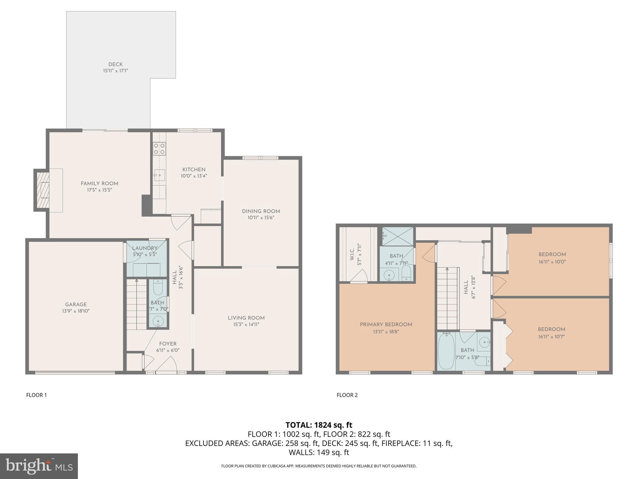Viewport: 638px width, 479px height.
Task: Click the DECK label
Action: click(x=115, y=65)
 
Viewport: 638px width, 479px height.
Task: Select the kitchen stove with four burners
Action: click(x=159, y=149)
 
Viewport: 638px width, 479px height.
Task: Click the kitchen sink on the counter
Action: click(x=159, y=176)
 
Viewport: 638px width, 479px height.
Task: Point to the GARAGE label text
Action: click(x=76, y=305)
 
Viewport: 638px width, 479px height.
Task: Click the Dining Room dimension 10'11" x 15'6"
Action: click(x=261, y=218)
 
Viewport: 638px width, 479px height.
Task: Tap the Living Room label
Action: click(x=246, y=318)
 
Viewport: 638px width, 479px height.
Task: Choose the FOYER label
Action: click(x=168, y=344)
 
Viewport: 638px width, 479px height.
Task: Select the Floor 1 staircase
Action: click(x=136, y=305)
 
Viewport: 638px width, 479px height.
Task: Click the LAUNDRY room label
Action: click(x=145, y=248)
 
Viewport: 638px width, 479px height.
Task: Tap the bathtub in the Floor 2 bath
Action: click(x=446, y=352)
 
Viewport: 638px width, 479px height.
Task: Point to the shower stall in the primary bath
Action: click(x=398, y=236)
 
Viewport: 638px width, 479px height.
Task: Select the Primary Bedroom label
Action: click(x=386, y=325)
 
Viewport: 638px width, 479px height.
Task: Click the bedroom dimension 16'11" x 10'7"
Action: click(x=551, y=337)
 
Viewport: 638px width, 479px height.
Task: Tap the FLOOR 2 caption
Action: click(x=347, y=395)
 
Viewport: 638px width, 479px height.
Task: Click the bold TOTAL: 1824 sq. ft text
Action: click(x=319, y=425)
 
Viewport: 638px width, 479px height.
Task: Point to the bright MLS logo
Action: click(x=39, y=466)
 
